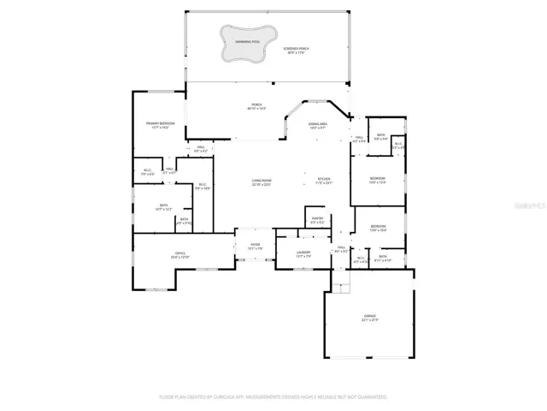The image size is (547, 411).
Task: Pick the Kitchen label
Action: [x=323, y=181]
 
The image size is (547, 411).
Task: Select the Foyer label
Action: [x=255, y=247]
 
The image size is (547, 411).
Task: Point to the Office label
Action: [x=181, y=254]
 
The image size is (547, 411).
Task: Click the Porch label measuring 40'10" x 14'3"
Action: [x=256, y=107]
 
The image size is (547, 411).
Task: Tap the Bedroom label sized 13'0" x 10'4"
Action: [x=378, y=228]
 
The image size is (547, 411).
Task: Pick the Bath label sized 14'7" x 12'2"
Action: [x=163, y=206]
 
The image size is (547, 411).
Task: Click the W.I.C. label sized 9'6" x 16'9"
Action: [x=203, y=186]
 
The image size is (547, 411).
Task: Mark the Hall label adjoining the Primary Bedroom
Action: [x=202, y=149]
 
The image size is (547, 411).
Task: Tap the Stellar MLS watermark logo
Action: [x=526, y=205]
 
